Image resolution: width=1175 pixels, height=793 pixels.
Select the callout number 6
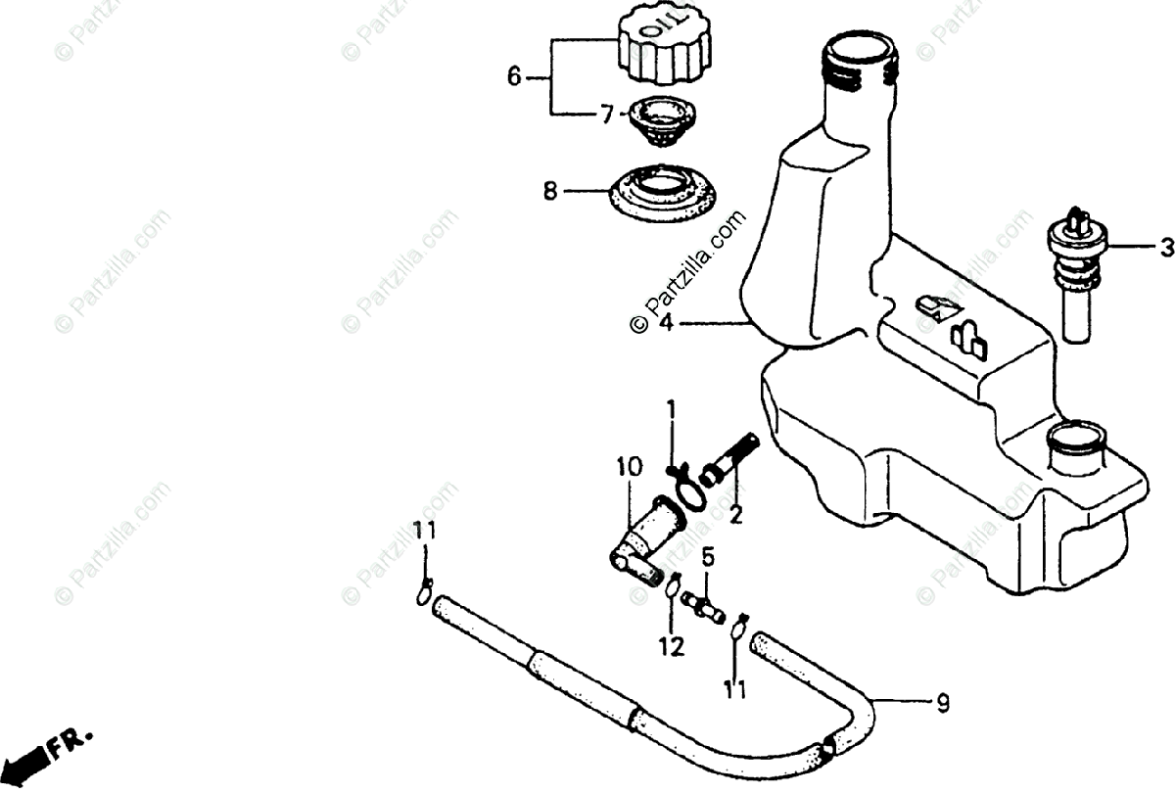pos(514,76)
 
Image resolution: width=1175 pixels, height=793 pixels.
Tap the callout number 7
pos(607,115)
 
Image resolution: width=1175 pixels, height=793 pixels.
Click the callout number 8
pos(550,192)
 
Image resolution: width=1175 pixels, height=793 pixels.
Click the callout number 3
pos(1166,248)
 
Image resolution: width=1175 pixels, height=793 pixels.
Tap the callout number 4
pos(666,322)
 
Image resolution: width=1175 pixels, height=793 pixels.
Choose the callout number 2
pos(735,514)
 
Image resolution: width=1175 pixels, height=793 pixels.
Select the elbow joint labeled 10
pos(640,539)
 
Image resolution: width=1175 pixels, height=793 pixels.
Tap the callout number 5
pos(708,558)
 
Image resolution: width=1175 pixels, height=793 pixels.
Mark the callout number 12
pos(671,646)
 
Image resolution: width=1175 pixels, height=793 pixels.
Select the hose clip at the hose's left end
pos(424,590)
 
